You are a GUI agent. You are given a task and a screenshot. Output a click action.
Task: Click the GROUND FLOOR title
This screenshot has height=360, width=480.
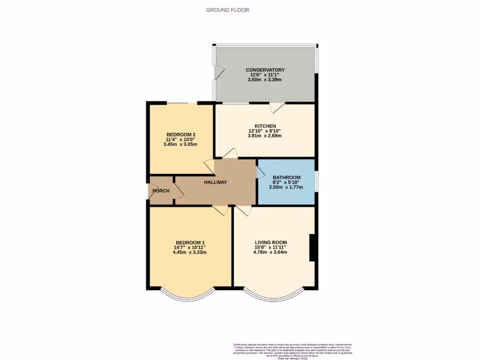coord(227,10)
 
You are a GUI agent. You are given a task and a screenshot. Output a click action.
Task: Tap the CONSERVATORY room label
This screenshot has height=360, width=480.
coord(265,70)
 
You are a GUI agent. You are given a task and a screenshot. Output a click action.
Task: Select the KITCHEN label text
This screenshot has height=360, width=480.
coord(265,126)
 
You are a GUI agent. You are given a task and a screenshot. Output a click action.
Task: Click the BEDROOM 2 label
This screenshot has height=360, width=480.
coord(181,135)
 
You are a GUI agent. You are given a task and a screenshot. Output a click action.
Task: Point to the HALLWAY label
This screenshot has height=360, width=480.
coord(215,182)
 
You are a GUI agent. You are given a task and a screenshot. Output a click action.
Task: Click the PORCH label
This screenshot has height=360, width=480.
coord(160,191)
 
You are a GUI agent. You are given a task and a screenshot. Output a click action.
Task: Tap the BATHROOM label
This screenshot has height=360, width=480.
coord(286,177)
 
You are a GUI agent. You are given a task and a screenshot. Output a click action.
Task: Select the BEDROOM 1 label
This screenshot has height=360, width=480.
coord(189,242)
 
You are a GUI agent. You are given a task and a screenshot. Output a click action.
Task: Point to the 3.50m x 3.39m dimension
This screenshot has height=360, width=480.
coord(265,80)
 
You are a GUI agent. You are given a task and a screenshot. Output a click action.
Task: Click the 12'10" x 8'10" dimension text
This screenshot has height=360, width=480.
coord(265,131)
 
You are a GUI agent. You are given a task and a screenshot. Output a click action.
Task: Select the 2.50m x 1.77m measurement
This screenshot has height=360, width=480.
coord(286,187)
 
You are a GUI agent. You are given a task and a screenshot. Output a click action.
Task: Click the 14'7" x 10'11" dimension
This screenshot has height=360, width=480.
coord(189,247)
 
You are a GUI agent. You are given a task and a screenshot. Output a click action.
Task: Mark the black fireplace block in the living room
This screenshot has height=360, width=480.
coord(312,247)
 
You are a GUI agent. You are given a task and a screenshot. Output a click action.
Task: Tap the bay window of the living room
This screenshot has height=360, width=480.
coord(274,295)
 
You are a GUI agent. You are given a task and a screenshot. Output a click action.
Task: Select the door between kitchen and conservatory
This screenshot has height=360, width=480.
coord(277,107)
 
